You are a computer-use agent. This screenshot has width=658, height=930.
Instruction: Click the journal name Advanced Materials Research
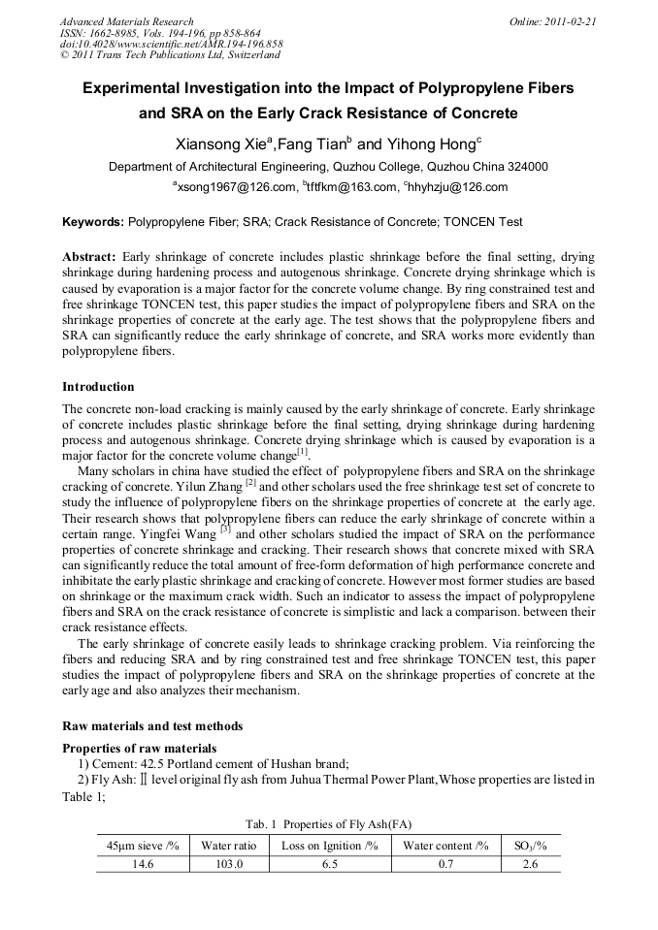click(126, 21)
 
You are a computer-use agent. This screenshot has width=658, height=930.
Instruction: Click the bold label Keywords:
click(93, 222)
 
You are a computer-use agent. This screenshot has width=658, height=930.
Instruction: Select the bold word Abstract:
click(89, 257)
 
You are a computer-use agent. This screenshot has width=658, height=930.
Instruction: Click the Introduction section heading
click(98, 387)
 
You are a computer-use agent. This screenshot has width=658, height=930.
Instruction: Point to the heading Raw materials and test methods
click(152, 726)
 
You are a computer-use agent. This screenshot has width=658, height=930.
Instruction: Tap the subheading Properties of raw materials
click(139, 749)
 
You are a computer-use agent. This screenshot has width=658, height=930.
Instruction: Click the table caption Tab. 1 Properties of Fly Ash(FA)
click(329, 824)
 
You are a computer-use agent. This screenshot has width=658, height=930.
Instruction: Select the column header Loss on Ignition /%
click(329, 846)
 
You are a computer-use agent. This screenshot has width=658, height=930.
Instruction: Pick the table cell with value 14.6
click(143, 864)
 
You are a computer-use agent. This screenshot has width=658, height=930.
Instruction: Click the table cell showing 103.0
click(228, 864)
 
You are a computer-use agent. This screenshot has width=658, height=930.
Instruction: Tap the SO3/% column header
click(530, 846)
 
